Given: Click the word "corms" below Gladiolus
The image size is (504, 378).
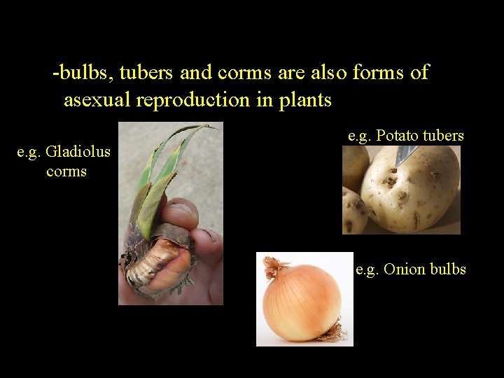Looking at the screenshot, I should point(66,171).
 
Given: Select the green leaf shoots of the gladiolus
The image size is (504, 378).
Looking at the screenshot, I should point(164,175).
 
